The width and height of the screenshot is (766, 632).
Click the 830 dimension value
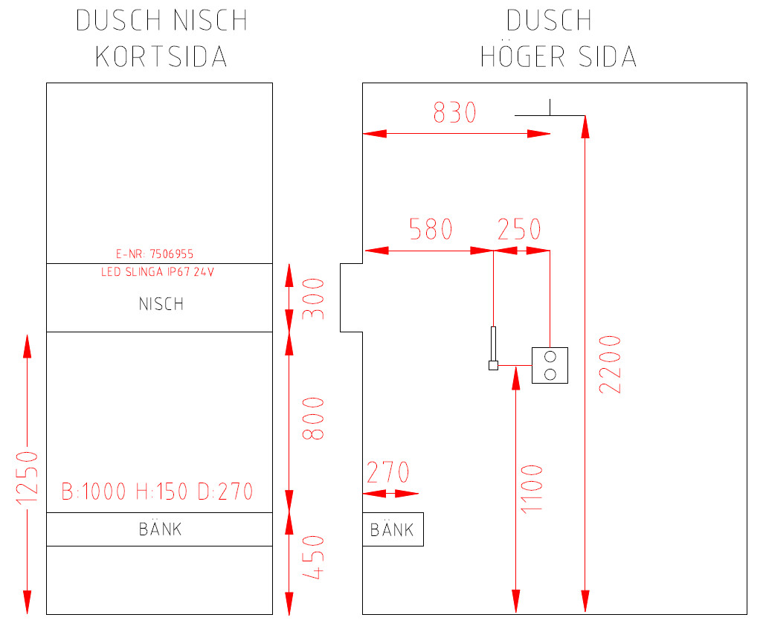pyautogui.click(x=454, y=113)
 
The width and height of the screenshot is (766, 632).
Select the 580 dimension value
pyautogui.click(x=431, y=230)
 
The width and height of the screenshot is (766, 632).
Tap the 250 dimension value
pyautogui.click(x=519, y=230)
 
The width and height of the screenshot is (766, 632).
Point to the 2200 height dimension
pyautogui.click(x=609, y=364)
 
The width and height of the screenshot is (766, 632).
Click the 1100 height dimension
pyautogui.click(x=532, y=488)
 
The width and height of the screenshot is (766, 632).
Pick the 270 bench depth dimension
pyautogui.click(x=388, y=473)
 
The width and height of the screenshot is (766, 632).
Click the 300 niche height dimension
pyautogui.click(x=315, y=298)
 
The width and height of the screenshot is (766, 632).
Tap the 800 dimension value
pyautogui.click(x=315, y=417)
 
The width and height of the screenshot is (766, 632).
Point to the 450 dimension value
pyautogui.click(x=315, y=557)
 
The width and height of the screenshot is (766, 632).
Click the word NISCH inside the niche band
pyautogui.click(x=161, y=304)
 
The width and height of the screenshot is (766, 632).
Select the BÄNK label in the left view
pyautogui.click(x=161, y=529)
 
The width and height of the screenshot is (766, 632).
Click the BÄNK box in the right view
pyautogui.click(x=392, y=530)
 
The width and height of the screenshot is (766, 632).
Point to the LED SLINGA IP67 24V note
pyautogui.click(x=158, y=272)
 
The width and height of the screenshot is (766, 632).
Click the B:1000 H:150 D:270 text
pyautogui.click(x=157, y=491)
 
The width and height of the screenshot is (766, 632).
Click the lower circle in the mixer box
pyautogui.click(x=550, y=373)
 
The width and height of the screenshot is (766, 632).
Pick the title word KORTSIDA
pyautogui.click(x=161, y=57)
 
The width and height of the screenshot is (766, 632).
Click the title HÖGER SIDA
pyautogui.click(x=558, y=57)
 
